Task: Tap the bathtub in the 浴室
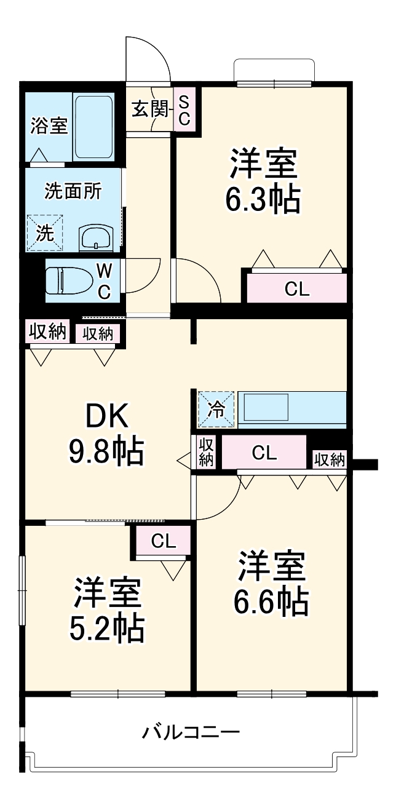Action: pos(93,127)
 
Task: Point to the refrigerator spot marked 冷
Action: pos(215,409)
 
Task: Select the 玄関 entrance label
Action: pos(149,110)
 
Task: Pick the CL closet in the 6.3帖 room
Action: pos(297,288)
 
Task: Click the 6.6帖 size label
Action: pos(271,602)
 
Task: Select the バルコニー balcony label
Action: pos(191,733)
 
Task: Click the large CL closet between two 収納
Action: pos(264,453)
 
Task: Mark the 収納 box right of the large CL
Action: pos(330,459)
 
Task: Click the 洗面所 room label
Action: pos(73,191)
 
